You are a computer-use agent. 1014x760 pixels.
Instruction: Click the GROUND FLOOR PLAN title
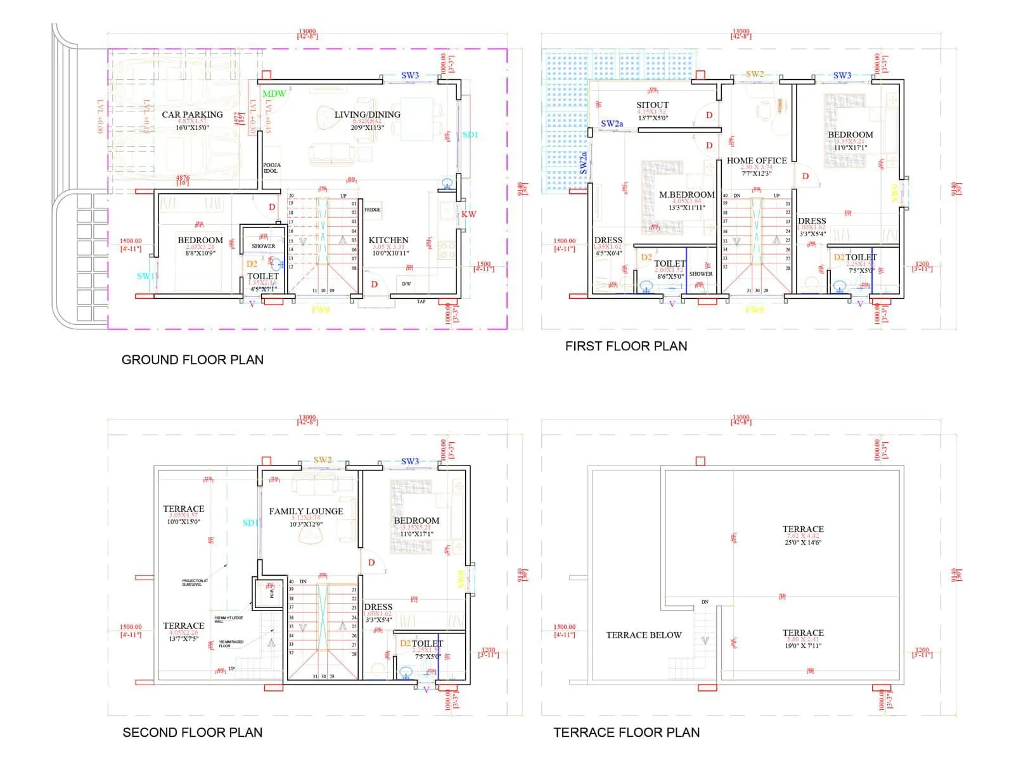tap(192, 360)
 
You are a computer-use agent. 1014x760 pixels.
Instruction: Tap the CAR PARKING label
tap(192, 115)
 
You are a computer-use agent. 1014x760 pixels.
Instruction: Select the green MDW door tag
tap(274, 94)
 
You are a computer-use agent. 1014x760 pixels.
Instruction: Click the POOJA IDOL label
tap(271, 168)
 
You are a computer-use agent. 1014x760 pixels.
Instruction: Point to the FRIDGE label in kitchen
tap(373, 210)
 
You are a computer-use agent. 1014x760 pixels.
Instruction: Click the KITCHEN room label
tap(388, 240)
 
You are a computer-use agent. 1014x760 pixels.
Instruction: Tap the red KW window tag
tap(468, 214)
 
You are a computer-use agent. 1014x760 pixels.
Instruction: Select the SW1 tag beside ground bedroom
tap(146, 276)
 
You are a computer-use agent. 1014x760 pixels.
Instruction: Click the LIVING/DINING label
tap(368, 115)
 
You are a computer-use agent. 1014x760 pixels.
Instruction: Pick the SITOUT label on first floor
tap(653, 105)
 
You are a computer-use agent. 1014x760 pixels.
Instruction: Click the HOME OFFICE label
tap(757, 161)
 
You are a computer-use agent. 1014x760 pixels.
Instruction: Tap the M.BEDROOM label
tap(687, 195)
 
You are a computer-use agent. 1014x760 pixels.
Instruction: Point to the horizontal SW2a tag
tap(612, 123)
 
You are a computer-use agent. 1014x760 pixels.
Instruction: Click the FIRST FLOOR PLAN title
tap(626, 346)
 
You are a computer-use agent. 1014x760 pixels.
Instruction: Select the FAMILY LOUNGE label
tap(306, 511)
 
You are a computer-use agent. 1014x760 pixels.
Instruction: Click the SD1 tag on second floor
tap(250, 523)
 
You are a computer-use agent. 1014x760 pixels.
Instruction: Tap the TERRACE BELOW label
tap(644, 635)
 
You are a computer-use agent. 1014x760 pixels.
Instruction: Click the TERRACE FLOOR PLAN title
tap(627, 733)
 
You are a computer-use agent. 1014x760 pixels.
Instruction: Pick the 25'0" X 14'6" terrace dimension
tap(803, 543)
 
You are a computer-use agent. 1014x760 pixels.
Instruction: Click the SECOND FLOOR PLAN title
tap(192, 733)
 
